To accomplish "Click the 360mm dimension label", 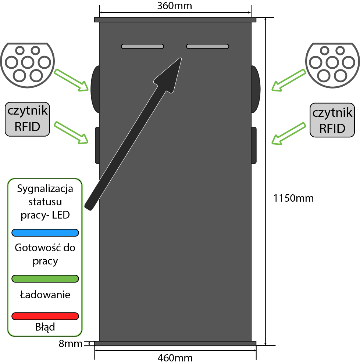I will click(174, 6).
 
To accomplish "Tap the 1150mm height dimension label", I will click(293, 198).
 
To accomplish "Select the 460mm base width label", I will click(175, 358).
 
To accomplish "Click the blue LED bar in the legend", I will click(46, 233).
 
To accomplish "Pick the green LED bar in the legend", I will click(46, 278).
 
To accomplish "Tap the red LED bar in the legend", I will click(46, 316).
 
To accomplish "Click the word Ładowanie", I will click(45, 295).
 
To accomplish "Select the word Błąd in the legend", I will click(45, 327).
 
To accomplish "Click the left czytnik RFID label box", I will click(28, 119).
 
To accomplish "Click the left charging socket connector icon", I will click(27, 62).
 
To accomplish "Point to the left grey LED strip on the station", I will click(142, 46).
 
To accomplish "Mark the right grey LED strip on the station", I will click(208, 46).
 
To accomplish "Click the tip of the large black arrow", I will click(180, 59).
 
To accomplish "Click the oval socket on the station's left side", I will click(95, 89).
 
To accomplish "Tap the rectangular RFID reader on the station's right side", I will click(254, 145).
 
